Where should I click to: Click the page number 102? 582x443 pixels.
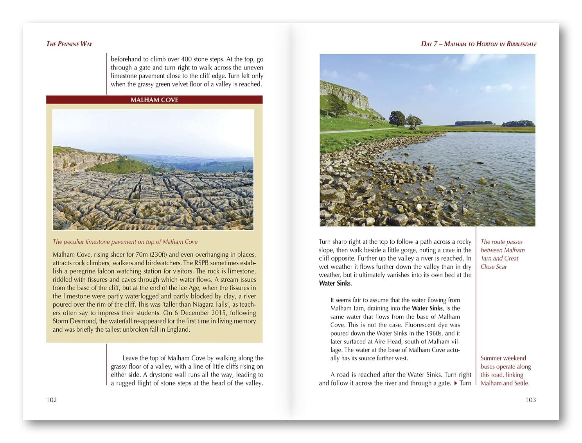coord(51,400)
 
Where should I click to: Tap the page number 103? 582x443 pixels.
coord(530,400)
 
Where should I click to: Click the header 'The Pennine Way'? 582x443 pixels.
coord(69,44)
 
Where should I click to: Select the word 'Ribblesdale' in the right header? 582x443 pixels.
coord(521,44)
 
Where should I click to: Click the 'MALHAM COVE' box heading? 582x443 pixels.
coord(154,100)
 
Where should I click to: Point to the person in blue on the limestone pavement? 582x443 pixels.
coord(243,169)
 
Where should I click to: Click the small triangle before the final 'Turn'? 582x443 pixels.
coord(455,383)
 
